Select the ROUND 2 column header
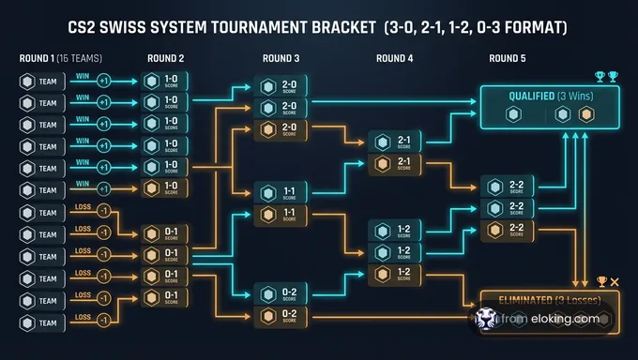(166, 59)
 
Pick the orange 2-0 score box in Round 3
(282, 128)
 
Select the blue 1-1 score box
(282, 192)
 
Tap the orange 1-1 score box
(282, 215)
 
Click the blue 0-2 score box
(282, 292)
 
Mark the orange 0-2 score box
(282, 315)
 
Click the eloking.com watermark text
(561, 319)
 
